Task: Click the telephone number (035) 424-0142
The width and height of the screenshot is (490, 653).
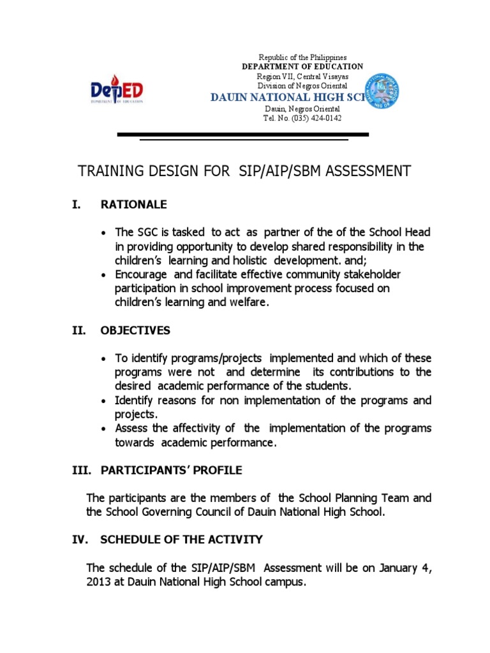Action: [302, 118]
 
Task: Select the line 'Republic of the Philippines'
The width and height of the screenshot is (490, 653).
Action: [302, 57]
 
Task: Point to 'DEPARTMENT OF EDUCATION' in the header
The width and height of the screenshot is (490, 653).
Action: [302, 66]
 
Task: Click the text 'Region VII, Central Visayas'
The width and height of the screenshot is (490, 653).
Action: [302, 77]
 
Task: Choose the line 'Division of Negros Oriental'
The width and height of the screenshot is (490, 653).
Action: [302, 85]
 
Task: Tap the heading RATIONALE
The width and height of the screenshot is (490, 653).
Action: [133, 205]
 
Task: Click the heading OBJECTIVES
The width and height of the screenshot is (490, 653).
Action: [135, 330]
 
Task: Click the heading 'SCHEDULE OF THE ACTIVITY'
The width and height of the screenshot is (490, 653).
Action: [181, 539]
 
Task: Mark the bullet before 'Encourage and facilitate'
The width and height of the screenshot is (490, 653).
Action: [103, 275]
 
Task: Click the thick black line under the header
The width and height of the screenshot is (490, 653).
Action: [242, 135]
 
